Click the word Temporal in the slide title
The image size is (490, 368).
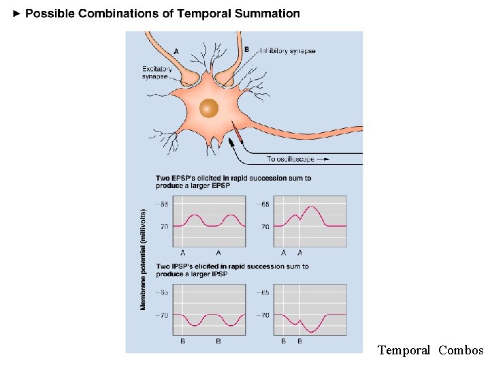(203, 14)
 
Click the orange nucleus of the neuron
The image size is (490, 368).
(209, 108)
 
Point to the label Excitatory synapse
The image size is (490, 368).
(155, 72)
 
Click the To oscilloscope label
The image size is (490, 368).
(291, 159)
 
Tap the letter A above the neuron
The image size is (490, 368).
(176, 51)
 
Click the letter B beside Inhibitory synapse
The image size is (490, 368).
(246, 49)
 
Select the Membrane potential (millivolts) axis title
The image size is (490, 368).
(144, 259)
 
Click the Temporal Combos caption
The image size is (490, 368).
(430, 350)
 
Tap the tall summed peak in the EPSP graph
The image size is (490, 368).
(311, 207)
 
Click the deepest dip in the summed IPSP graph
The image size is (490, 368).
(311, 331)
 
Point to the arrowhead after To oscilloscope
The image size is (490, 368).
(325, 159)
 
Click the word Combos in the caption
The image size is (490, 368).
(461, 350)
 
